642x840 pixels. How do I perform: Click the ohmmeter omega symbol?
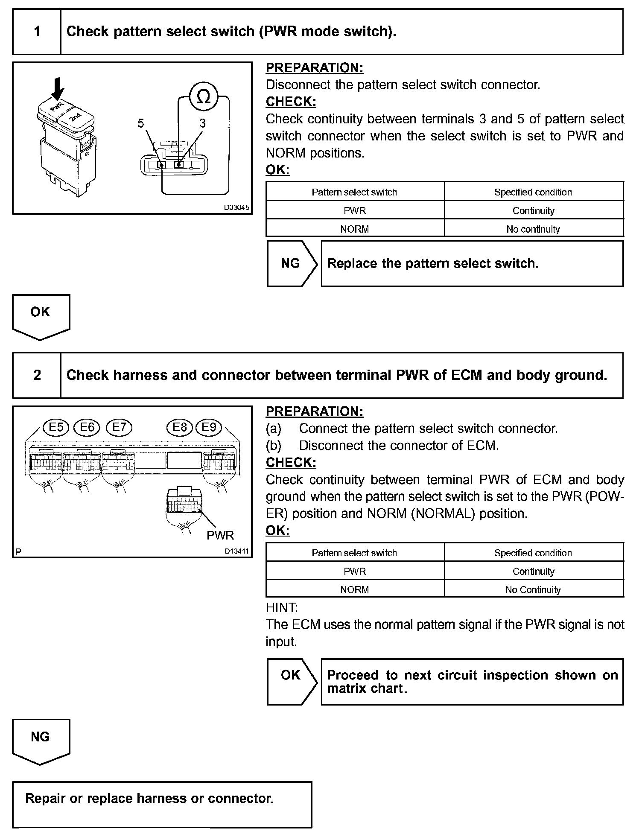[x=204, y=97]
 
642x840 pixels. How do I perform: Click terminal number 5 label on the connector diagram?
[x=141, y=123]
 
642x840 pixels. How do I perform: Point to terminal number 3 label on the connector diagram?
[x=202, y=123]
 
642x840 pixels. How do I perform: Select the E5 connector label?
[x=56, y=427]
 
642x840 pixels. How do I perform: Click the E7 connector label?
[x=119, y=427]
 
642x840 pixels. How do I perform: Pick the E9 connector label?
[x=209, y=427]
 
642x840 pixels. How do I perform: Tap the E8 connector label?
[x=180, y=427]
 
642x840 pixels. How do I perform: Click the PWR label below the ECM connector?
[x=220, y=535]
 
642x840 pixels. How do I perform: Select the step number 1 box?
[x=37, y=32]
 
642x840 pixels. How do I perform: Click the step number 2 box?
[x=37, y=375]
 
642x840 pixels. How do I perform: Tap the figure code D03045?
[x=236, y=208]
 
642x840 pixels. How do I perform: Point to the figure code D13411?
[x=236, y=551]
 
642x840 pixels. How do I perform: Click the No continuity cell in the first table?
[x=533, y=229]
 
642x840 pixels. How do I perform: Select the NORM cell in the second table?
[x=354, y=590]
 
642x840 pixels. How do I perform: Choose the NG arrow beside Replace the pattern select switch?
[x=291, y=263]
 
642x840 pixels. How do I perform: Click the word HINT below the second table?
[x=282, y=607]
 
